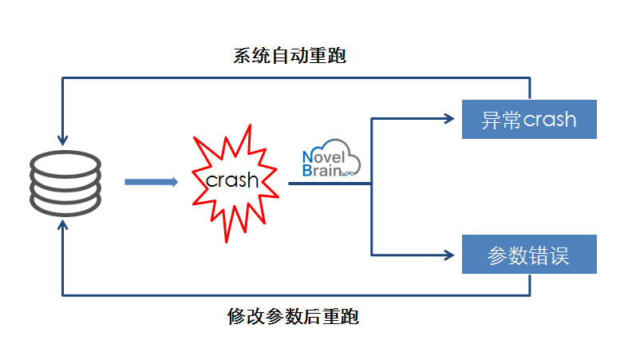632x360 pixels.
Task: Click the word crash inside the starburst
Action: tap(232, 180)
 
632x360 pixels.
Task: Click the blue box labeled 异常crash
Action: tap(529, 119)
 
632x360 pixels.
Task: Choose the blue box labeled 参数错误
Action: tap(529, 255)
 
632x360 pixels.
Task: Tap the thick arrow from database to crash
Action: tap(151, 182)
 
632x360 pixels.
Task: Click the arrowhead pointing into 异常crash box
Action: tap(448, 119)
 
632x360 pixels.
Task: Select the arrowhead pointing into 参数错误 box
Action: tap(448, 255)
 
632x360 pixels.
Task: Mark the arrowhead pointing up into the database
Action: tap(63, 225)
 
